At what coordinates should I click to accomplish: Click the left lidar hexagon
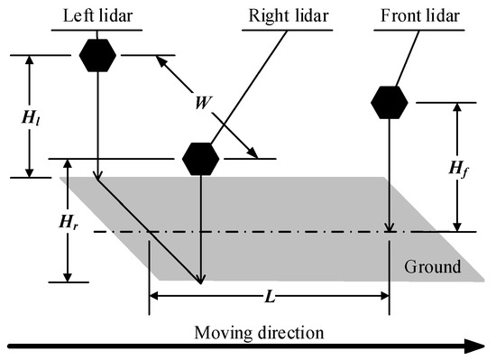click(x=97, y=56)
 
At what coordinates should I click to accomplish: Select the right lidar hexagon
click(x=200, y=159)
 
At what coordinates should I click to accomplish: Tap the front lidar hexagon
click(x=389, y=103)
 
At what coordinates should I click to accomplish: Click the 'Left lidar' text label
click(x=97, y=15)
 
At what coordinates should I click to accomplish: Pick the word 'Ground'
click(x=433, y=267)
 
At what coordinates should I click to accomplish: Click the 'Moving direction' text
click(x=259, y=331)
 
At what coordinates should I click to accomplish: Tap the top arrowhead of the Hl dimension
click(x=30, y=60)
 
